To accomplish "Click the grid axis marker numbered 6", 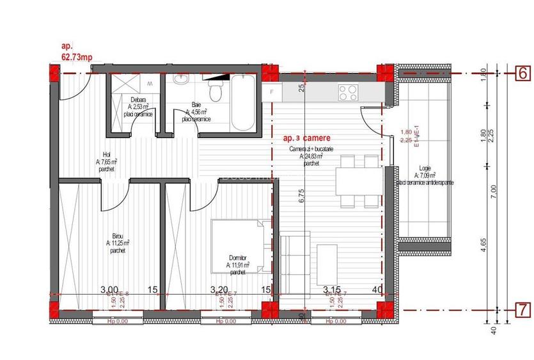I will (x=522, y=73).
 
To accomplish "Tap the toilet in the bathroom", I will (x=217, y=91).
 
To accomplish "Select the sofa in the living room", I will (x=294, y=257).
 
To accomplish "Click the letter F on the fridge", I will (x=272, y=91).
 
